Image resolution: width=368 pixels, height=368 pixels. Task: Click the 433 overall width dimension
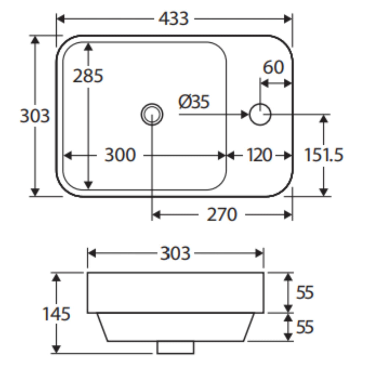coord(173,18)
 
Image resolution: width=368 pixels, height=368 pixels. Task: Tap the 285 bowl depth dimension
coord(88,76)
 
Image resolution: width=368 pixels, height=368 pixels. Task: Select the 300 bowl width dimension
coord(120,155)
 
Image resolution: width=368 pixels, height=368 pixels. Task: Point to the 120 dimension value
coord(259,155)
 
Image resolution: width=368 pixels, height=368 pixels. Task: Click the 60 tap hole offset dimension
coord(273,67)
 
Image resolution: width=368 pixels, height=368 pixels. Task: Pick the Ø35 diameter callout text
coord(194,102)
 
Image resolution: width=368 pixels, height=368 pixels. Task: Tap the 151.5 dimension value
coord(323,155)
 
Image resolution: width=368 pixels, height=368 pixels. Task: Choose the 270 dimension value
coord(222,214)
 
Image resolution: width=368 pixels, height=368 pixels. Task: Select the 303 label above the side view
coord(175,253)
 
